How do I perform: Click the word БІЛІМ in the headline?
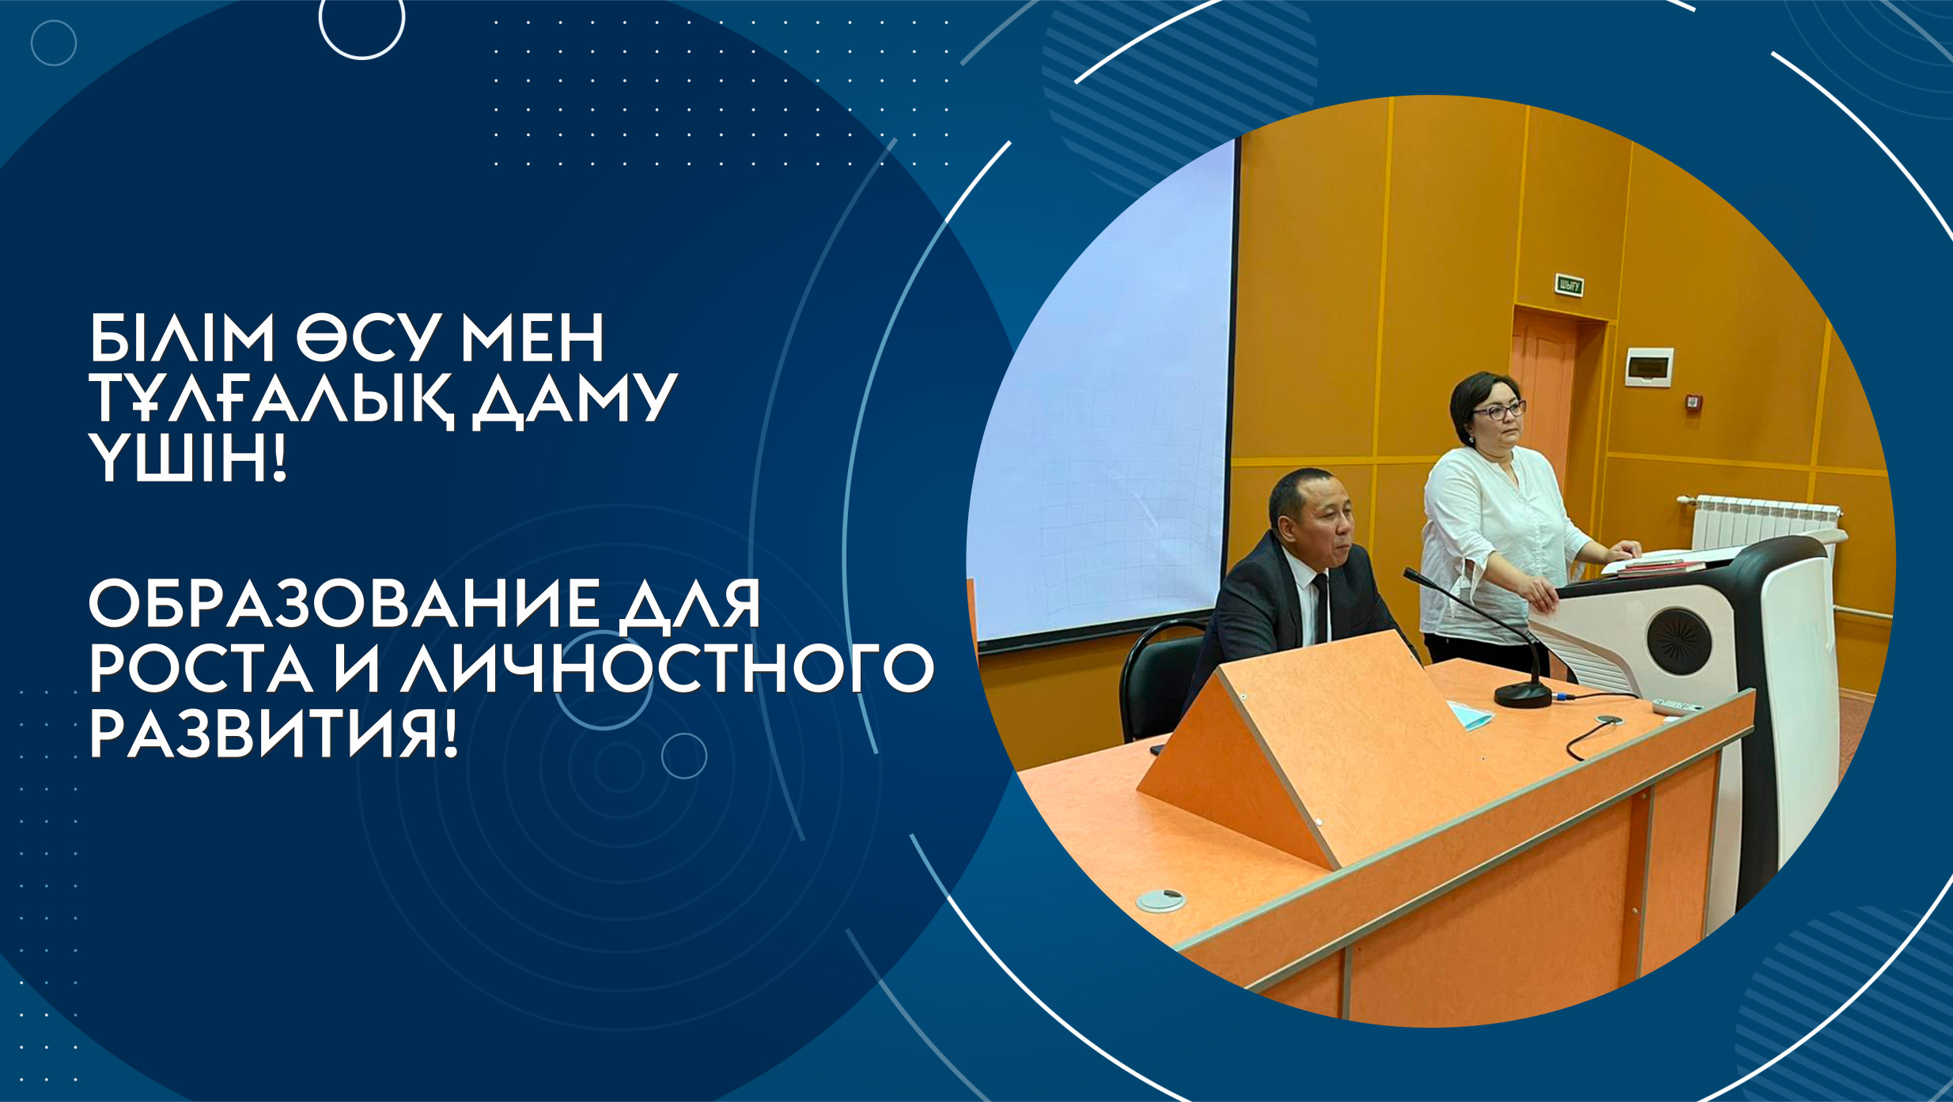coord(181,338)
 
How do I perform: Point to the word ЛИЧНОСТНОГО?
coord(668,669)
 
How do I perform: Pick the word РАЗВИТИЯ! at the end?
coord(274,734)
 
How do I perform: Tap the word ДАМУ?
coord(574,401)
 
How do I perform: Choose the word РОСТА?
coord(201,669)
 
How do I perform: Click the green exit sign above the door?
coord(1569,285)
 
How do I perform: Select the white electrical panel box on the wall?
coord(1648,367)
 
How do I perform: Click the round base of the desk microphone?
coord(1523,694)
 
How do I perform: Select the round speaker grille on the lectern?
coord(1679,641)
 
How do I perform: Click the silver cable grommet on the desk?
coord(1161,899)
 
